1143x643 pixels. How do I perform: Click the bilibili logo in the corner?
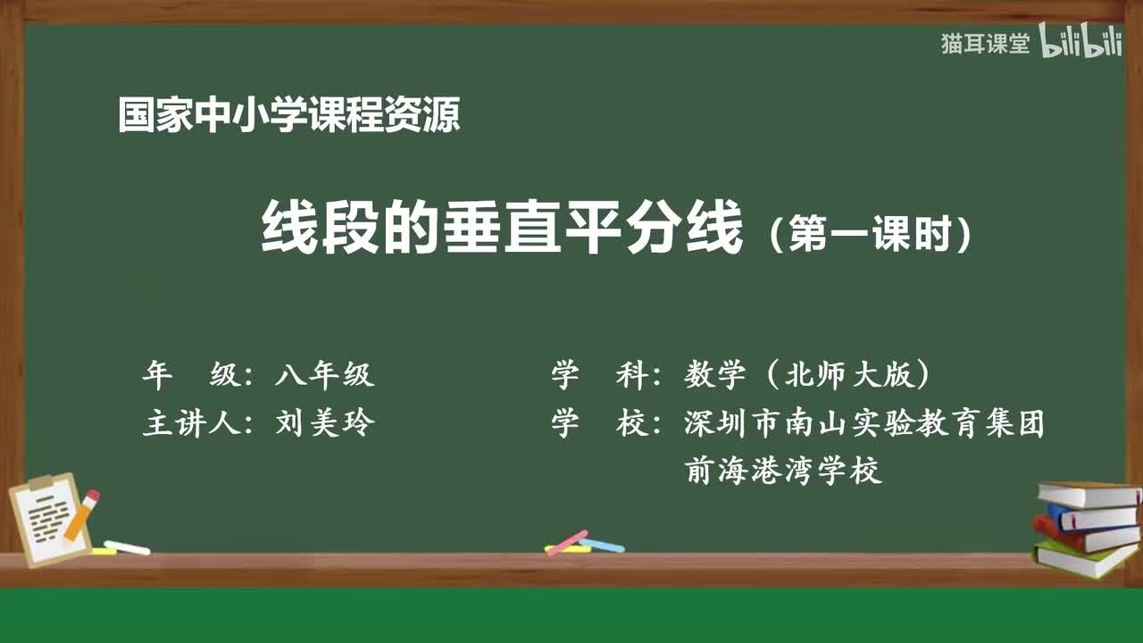(1080, 44)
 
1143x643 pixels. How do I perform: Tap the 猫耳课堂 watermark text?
(985, 44)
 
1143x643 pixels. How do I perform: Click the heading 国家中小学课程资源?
(288, 115)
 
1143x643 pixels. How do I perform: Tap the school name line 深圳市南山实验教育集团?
(864, 423)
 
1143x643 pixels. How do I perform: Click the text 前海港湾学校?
(783, 471)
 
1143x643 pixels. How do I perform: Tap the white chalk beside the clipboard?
(127, 547)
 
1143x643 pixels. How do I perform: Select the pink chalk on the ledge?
(566, 542)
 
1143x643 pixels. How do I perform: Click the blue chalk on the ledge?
(602, 545)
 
